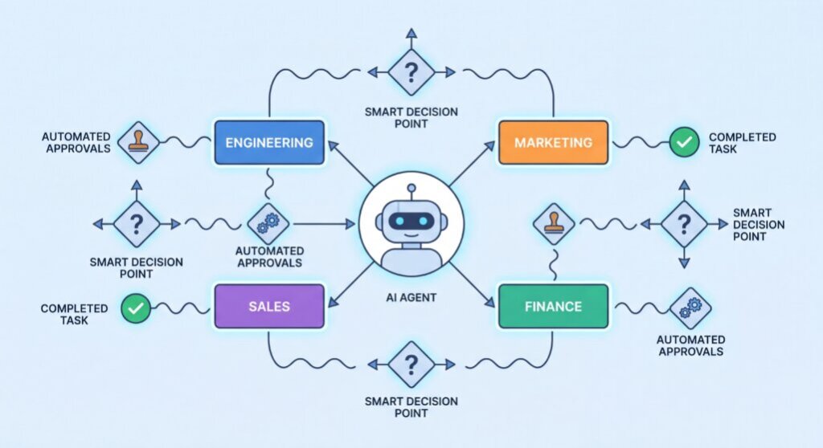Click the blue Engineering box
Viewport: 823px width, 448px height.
269,143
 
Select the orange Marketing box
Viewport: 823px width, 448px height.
553,143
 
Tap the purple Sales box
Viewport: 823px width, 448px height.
269,307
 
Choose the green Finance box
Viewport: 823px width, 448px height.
553,307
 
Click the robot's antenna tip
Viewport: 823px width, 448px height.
411,188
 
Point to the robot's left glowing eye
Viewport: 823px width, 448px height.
400,222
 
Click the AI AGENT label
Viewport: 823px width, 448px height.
411,297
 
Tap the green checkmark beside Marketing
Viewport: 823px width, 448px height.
684,142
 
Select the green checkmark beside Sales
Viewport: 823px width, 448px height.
136,308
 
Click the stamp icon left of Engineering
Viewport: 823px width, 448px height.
137,143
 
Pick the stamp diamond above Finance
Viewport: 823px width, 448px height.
554,224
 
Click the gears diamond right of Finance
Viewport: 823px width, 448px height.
690,308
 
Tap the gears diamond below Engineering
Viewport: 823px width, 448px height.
268,224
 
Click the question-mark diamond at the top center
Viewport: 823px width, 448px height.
411,72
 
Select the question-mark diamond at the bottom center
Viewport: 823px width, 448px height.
411,364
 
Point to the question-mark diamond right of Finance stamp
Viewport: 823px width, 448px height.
684,224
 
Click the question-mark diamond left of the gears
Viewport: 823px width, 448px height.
137,224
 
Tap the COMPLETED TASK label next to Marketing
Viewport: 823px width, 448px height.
742,143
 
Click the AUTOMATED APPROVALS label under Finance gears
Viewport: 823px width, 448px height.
690,346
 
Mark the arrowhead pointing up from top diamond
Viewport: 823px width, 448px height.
411,33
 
